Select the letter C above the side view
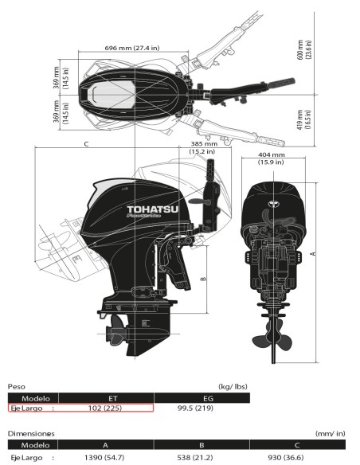point(85,144)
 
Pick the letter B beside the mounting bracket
point(205,279)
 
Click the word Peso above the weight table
point(17,386)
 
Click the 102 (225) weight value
point(103,408)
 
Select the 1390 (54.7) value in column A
point(103,458)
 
